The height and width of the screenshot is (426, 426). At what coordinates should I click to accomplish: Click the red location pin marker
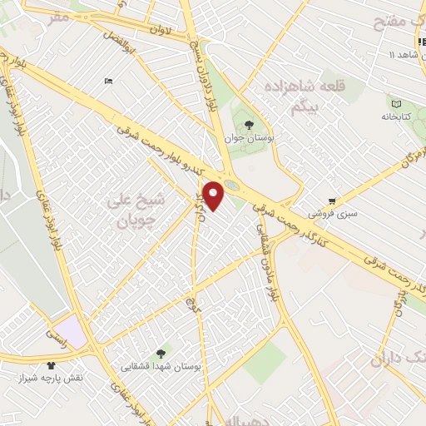point(214,196)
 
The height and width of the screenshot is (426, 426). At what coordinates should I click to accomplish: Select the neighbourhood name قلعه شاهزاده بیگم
point(292,97)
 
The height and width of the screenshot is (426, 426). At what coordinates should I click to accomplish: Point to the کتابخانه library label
point(397,117)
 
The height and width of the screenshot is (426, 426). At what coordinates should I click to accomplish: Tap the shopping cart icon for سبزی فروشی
point(332,201)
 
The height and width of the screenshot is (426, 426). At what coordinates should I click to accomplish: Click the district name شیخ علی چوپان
point(137,210)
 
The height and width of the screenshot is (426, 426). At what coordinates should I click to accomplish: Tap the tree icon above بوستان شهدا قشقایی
point(161,351)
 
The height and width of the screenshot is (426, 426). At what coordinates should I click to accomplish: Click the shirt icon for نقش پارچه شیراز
point(52,364)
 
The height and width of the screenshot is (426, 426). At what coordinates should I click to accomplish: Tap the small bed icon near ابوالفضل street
point(108,81)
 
